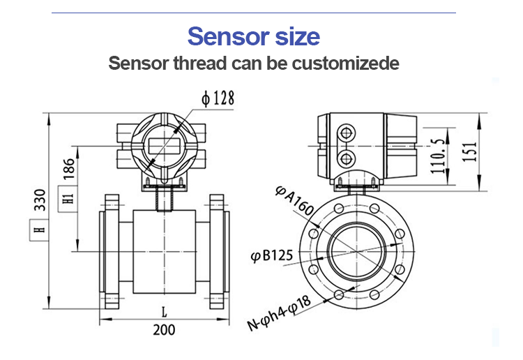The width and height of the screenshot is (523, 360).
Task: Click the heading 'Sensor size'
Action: [254, 36]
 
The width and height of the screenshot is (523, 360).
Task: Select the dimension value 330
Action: [40, 200]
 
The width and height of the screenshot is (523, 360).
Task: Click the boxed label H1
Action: [68, 197]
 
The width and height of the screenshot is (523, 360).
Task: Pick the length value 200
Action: [164, 330]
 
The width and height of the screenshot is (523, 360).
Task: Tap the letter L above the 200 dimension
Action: [163, 311]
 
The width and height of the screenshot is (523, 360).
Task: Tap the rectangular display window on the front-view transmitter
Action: [164, 144]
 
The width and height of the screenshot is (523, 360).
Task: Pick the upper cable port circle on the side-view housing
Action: [347, 132]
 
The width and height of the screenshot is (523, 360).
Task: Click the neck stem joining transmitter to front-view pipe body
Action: [165, 200]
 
